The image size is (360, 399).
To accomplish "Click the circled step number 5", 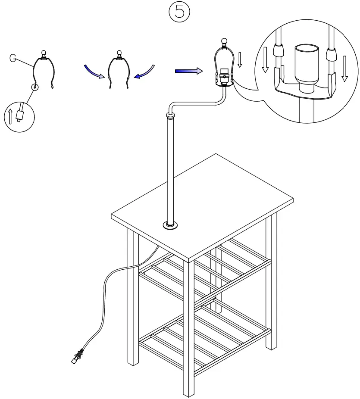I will click(x=179, y=12).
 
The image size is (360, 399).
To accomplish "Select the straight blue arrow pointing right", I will click(x=188, y=71).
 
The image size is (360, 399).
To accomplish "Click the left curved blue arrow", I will click(x=94, y=72).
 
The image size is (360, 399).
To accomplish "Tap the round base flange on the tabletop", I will click(x=172, y=224).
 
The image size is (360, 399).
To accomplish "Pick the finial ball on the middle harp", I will click(x=119, y=54).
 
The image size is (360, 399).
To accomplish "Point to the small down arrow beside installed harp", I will click(x=240, y=59).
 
